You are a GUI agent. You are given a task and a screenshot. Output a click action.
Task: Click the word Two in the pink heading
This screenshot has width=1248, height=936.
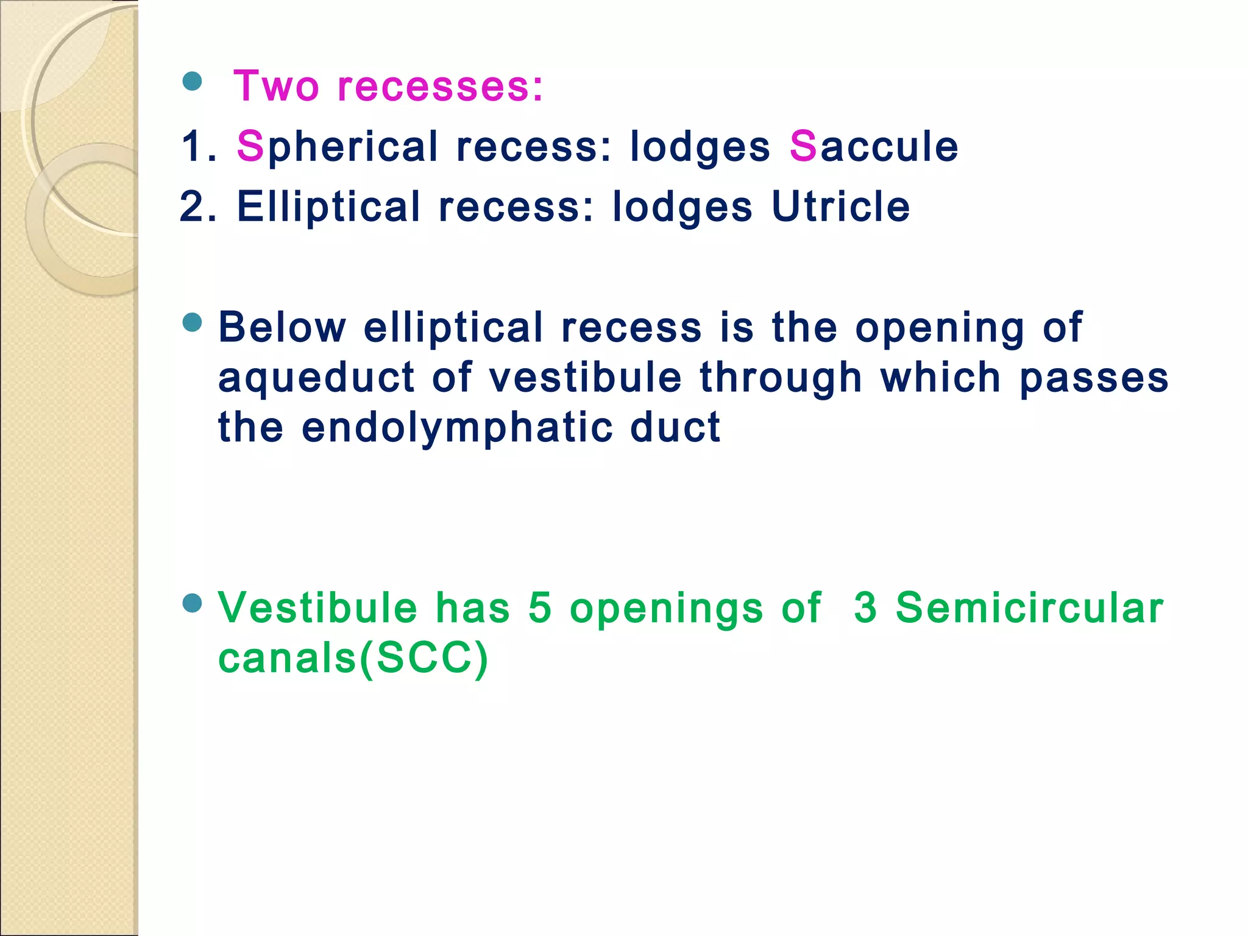pos(276,87)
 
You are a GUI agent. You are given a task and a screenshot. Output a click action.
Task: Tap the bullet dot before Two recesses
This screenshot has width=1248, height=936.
pos(192,81)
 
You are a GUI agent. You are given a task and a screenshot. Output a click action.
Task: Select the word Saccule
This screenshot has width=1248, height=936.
pos(873,147)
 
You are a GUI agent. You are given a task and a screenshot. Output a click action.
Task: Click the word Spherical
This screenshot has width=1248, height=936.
pos(337,147)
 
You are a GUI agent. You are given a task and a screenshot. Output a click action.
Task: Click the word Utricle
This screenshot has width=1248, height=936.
pos(840,207)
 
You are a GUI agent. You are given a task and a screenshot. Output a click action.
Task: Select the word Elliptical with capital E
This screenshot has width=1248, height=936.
pos(328,207)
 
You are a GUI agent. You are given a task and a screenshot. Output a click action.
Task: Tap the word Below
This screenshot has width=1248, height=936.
pos(282,327)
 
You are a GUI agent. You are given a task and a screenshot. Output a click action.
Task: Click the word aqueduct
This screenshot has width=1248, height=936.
pos(315,377)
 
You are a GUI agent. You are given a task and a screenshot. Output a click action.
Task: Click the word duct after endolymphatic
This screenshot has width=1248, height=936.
pos(675,427)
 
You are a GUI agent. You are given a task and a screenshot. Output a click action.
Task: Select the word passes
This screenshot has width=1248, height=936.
pos(1094,377)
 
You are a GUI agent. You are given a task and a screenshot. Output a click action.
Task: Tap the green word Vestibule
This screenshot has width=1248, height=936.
pos(317,608)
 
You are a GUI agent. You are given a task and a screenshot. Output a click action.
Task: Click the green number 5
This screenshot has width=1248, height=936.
pos(540,608)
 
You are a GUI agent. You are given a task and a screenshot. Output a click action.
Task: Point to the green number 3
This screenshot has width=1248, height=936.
pos(865,608)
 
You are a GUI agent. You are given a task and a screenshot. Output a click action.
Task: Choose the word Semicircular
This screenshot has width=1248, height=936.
pos(1029,608)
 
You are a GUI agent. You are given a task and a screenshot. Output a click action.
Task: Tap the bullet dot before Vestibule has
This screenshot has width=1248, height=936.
pos(192,603)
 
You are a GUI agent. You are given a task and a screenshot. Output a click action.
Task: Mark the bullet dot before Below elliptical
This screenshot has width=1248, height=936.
pos(192,322)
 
